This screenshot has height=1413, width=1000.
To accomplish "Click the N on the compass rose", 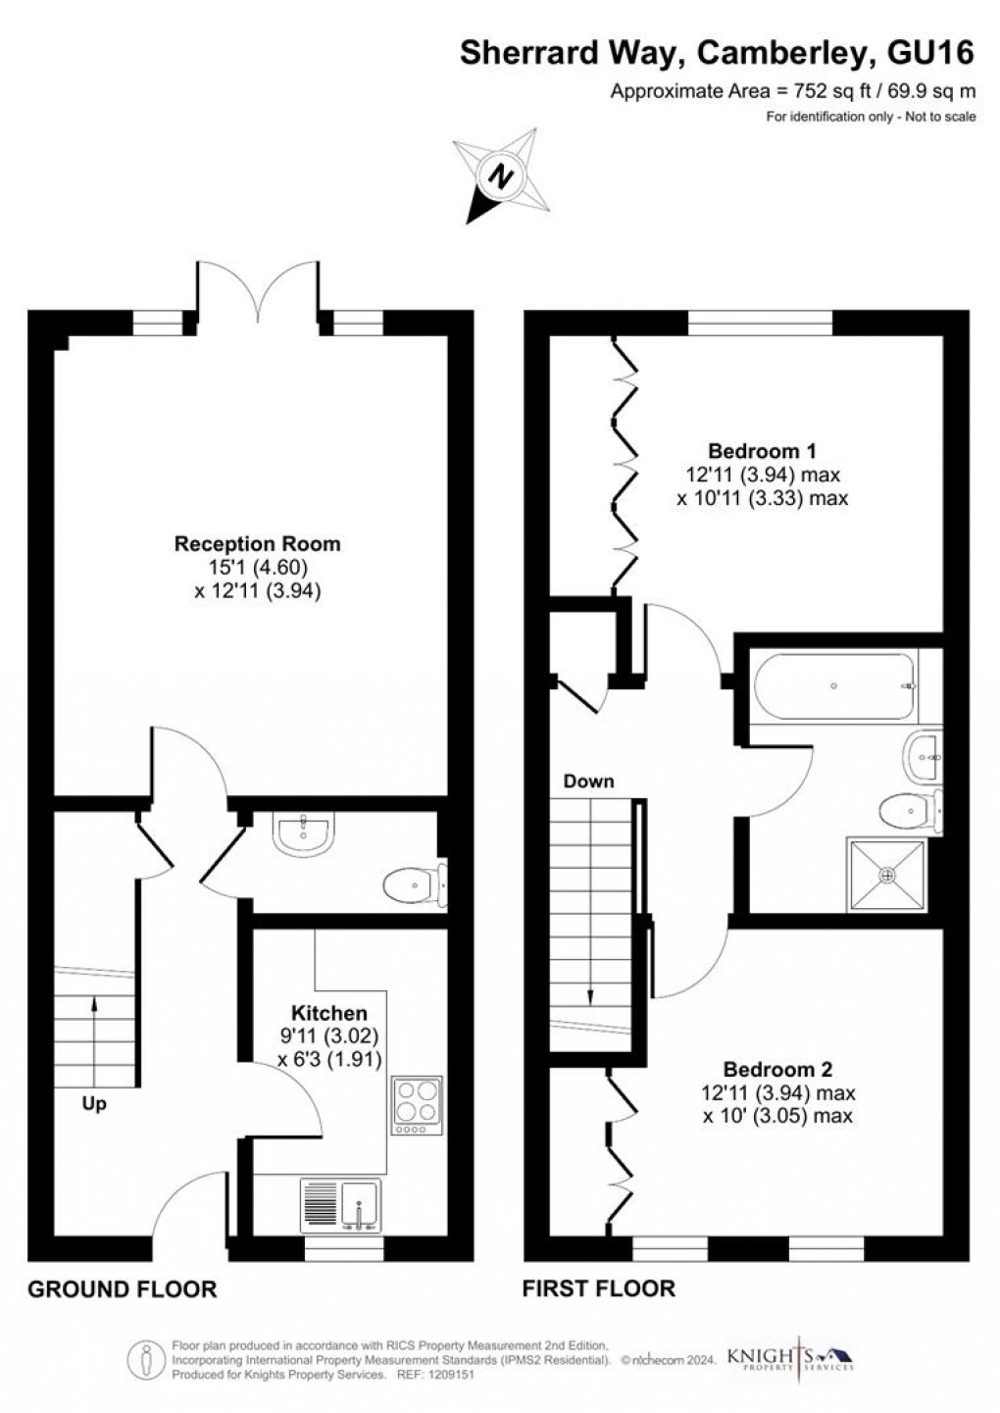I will click(x=502, y=177).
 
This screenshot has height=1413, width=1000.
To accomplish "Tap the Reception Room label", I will click(x=257, y=543).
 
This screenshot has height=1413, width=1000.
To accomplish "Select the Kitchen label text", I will click(x=328, y=1013).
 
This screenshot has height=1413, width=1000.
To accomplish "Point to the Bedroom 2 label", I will click(x=777, y=1069).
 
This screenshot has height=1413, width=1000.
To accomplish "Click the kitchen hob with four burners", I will click(x=417, y=1105).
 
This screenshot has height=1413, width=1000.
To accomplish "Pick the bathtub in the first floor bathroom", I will click(x=832, y=685).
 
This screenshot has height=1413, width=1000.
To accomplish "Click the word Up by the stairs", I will click(x=94, y=1104).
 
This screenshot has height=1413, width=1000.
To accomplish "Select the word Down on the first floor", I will click(x=588, y=782).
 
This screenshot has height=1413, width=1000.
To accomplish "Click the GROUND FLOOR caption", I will click(x=122, y=1288).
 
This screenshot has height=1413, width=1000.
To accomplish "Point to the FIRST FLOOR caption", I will click(x=598, y=1288).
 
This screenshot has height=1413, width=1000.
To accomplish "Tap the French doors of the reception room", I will click(x=258, y=294).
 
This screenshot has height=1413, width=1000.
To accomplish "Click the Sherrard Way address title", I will click(x=717, y=54).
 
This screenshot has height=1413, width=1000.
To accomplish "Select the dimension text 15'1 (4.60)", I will click(x=257, y=567).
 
